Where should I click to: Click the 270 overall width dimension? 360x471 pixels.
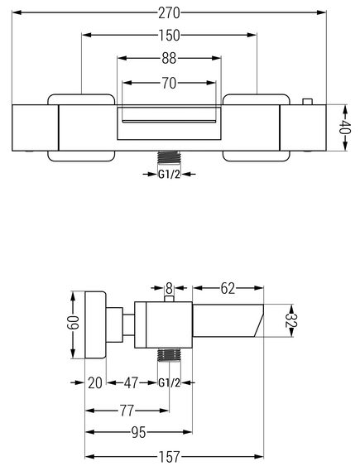pyautogui.click(x=169, y=13)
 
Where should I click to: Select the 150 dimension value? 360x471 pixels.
pyautogui.click(x=169, y=36)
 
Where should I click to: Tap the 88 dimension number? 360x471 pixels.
pyautogui.click(x=169, y=58)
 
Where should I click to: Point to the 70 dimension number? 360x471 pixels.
pyautogui.click(x=169, y=84)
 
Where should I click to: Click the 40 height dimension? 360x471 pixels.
pyautogui.click(x=346, y=127)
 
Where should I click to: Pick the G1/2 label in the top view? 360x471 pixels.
pyautogui.click(x=169, y=175)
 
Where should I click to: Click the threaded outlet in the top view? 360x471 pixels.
pyautogui.click(x=170, y=157)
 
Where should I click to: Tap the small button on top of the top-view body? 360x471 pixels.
pyautogui.click(x=307, y=102)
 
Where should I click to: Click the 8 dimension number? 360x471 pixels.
pyautogui.click(x=169, y=289)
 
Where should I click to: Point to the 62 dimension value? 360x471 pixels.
pyautogui.click(x=228, y=289)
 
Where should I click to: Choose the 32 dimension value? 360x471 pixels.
pyautogui.click(x=291, y=320)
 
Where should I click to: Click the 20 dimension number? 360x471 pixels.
pyautogui.click(x=95, y=383)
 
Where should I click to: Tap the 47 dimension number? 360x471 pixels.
pyautogui.click(x=131, y=383)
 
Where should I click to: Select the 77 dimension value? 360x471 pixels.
pyautogui.click(x=127, y=411)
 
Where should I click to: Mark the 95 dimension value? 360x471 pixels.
pyautogui.click(x=138, y=433)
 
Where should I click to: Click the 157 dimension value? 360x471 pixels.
pyautogui.click(x=169, y=457)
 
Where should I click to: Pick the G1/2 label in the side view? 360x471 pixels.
pyautogui.click(x=169, y=383)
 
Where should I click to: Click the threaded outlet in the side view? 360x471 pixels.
pyautogui.click(x=169, y=355)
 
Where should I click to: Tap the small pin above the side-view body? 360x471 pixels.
pyautogui.click(x=170, y=299)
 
